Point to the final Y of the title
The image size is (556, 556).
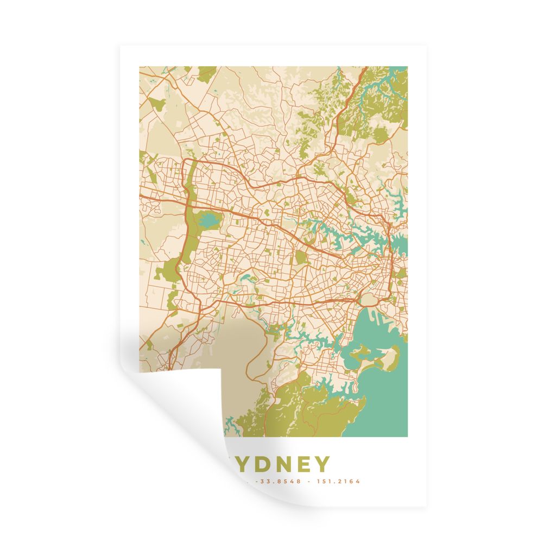click(x=321, y=464)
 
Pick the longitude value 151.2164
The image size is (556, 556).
click(x=340, y=481)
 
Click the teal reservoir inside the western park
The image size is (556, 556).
click(x=209, y=220)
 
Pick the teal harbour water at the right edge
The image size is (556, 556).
click(x=401, y=248)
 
